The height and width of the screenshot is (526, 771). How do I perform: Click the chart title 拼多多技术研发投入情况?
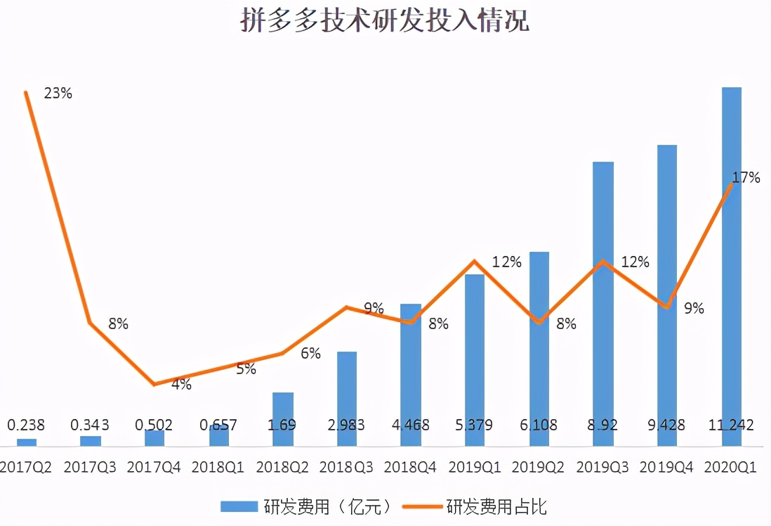click(x=384, y=21)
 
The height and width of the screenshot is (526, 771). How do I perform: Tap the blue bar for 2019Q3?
click(x=603, y=302)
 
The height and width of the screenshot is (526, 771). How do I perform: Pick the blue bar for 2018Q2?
click(x=283, y=419)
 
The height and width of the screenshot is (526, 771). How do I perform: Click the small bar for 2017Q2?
click(x=26, y=442)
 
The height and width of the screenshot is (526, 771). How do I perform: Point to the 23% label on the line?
click(x=58, y=93)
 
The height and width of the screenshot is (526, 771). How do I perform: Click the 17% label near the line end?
click(x=746, y=178)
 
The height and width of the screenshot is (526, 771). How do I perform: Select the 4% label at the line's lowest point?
click(x=180, y=385)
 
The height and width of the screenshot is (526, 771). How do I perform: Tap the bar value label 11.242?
click(x=731, y=425)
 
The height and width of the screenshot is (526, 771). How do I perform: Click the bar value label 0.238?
click(x=26, y=425)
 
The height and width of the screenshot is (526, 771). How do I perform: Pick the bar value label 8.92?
click(x=603, y=425)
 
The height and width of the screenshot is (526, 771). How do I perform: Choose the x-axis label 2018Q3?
click(x=347, y=467)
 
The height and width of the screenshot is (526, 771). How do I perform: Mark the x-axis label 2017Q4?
click(x=154, y=467)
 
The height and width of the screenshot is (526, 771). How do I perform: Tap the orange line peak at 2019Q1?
click(x=475, y=261)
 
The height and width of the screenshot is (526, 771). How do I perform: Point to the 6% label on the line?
click(x=310, y=354)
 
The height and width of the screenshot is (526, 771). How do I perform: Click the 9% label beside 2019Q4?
click(x=694, y=308)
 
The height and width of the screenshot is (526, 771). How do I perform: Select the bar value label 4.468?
click(x=411, y=425)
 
